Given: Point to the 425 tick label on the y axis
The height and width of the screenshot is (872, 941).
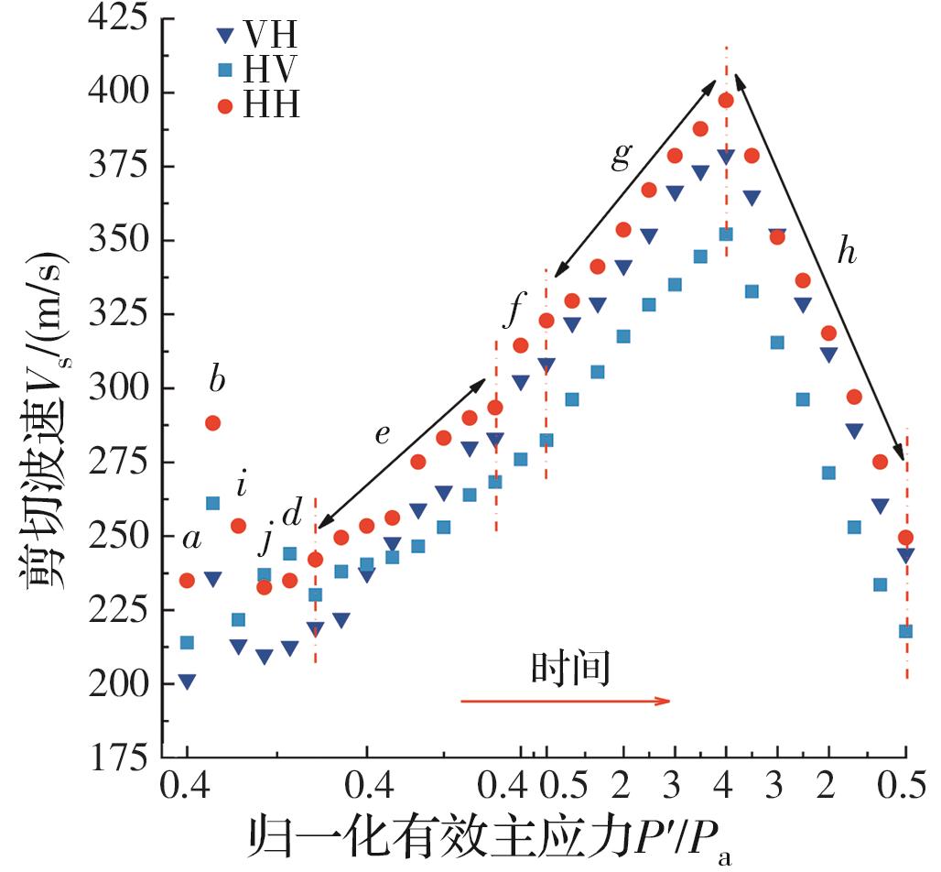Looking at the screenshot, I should [122, 19].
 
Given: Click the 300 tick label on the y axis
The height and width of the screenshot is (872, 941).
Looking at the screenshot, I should [122, 388].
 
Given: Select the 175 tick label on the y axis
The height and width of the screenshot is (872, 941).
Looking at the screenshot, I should [122, 758].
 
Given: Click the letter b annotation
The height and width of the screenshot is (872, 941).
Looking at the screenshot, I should [217, 380].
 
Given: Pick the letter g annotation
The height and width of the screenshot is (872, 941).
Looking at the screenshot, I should [622, 156].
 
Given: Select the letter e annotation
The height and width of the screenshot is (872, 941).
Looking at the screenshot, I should [382, 433].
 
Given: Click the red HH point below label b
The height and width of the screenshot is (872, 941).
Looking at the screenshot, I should [212, 423].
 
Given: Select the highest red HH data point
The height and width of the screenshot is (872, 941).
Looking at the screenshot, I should [726, 101].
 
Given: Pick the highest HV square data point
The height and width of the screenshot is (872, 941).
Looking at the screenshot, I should [726, 234].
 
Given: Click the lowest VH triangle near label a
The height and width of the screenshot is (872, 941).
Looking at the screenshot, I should [187, 681].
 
